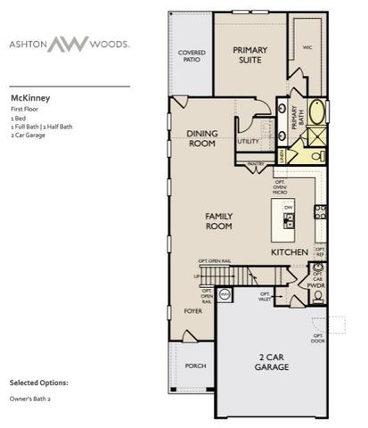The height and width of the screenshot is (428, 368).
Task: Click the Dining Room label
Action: [x=202, y=137]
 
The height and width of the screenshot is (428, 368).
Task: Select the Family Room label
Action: [x=219, y=221]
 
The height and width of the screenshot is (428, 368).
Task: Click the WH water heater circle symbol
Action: [x=225, y=292]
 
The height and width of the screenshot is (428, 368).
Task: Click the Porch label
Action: [x=194, y=365]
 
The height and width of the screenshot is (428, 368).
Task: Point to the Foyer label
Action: [x=193, y=311]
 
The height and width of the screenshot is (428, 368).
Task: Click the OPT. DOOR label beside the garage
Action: [x=317, y=339]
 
